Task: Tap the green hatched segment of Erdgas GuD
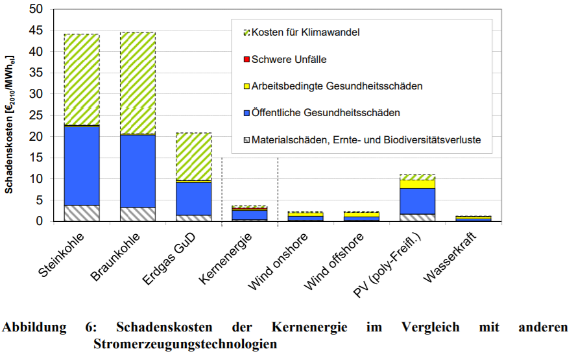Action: pyautogui.click(x=193, y=156)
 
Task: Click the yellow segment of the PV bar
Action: pyautogui.click(x=417, y=184)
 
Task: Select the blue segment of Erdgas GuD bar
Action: pyautogui.click(x=193, y=198)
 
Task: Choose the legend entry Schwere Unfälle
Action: pyautogui.click(x=289, y=59)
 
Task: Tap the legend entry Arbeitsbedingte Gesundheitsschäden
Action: pyautogui.click(x=337, y=86)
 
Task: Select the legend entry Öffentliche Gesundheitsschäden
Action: pyautogui.click(x=326, y=113)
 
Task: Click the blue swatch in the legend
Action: pyautogui.click(x=246, y=113)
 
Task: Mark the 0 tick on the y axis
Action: pyautogui.click(x=39, y=221)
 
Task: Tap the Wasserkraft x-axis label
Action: pyautogui.click(x=451, y=254)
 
